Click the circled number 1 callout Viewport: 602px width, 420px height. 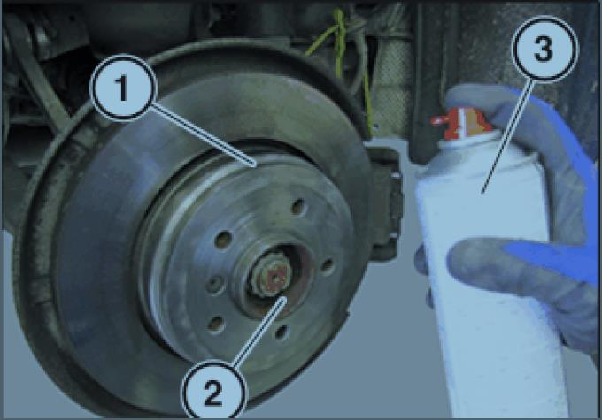pyautogui.click(x=123, y=88)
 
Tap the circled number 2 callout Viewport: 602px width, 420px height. pyautogui.click(x=213, y=392)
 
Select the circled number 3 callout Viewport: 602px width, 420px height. pyautogui.click(x=544, y=49)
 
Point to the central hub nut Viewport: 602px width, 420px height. pyautogui.click(x=270, y=275)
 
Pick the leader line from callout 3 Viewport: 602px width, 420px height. pyautogui.click(x=507, y=135)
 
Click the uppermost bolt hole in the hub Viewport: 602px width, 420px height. pyautogui.click(x=298, y=207)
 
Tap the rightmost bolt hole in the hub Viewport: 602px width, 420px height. pyautogui.click(x=328, y=267)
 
